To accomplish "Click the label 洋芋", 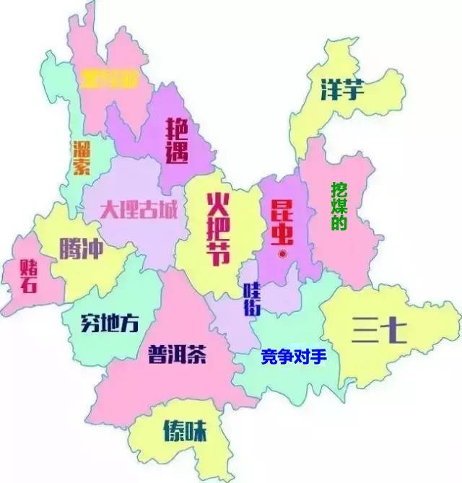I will point(343,90).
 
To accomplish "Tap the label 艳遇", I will point(178,142).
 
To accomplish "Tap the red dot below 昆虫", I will point(283,254).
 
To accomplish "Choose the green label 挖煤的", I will point(339,206).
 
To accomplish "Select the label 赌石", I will point(30,275).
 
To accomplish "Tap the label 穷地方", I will point(110,323).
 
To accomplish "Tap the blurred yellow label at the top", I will point(108,78).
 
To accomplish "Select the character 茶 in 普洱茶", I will point(197,354).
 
